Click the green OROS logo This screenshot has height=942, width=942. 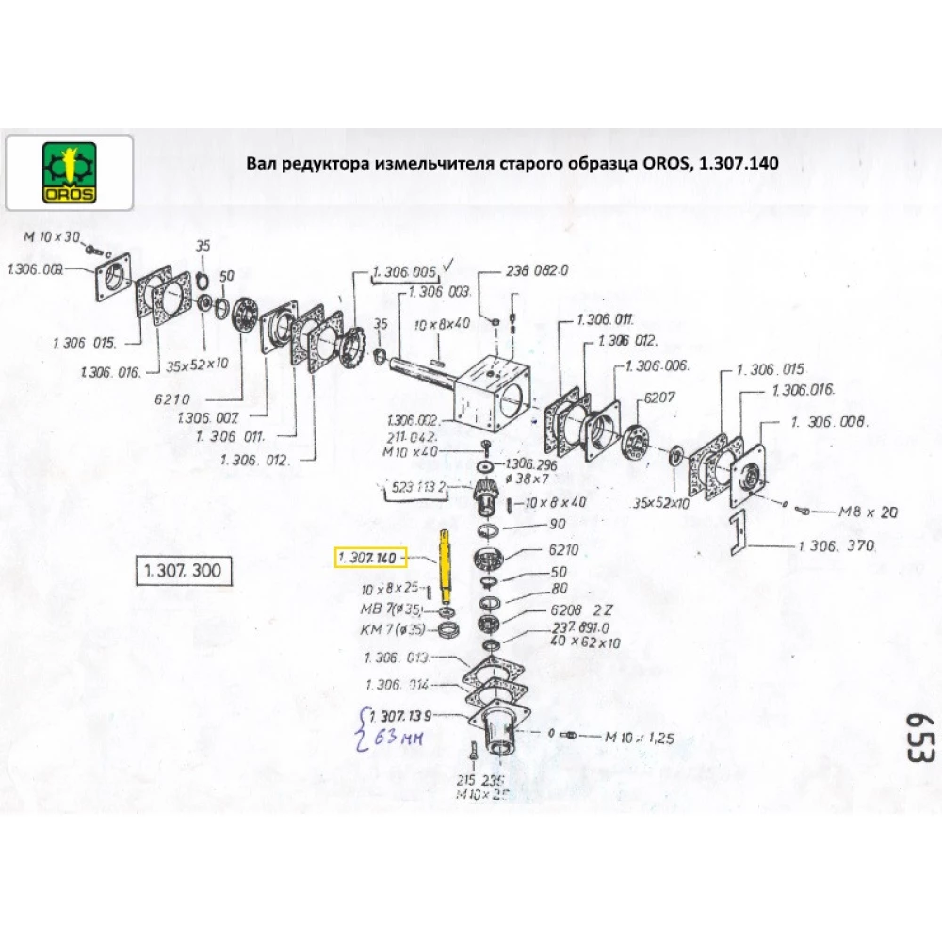click(x=70, y=172)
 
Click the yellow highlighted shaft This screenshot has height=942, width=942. click(x=445, y=569)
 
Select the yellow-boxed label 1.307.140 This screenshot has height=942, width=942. click(x=371, y=559)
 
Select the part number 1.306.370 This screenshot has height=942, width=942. click(x=836, y=545)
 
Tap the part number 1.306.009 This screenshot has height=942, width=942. click(x=35, y=269)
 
